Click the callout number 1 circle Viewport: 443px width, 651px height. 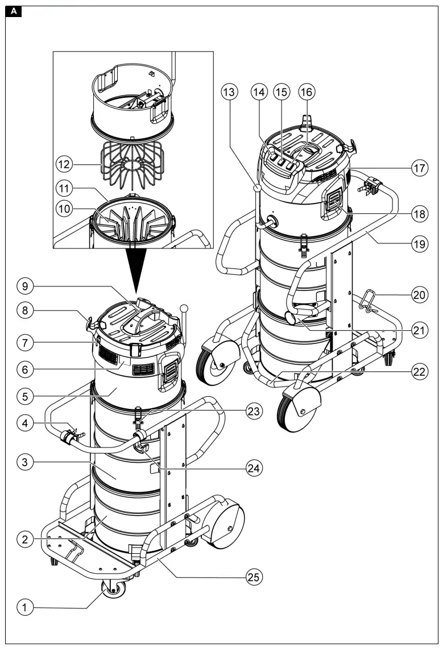24,608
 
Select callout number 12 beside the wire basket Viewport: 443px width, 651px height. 64,164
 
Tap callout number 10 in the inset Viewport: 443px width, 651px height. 64,209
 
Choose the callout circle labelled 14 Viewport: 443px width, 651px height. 260,92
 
